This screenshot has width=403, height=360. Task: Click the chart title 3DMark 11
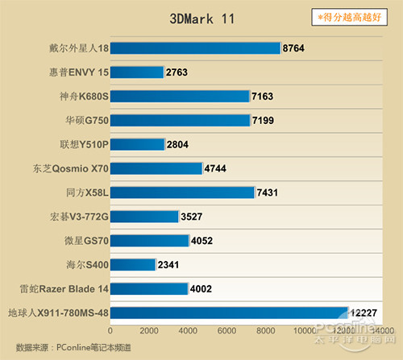[x=202, y=19]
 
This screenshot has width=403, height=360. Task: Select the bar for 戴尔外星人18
[x=195, y=48]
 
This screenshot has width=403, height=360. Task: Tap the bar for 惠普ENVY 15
[x=137, y=72]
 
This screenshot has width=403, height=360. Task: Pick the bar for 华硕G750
[x=181, y=121]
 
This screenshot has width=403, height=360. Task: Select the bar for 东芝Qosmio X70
[x=156, y=169]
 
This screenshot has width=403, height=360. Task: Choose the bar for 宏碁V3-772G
[x=144, y=217]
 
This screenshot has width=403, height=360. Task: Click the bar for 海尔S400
[x=133, y=264]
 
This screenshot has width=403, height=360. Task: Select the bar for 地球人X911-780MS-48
[x=229, y=312]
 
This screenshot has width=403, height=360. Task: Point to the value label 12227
[x=365, y=312]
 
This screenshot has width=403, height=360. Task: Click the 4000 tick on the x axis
[x=189, y=331]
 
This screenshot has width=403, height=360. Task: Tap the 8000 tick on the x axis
[x=267, y=331]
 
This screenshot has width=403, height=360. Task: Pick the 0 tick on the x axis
[x=110, y=331]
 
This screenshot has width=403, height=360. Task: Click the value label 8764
[x=294, y=48]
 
